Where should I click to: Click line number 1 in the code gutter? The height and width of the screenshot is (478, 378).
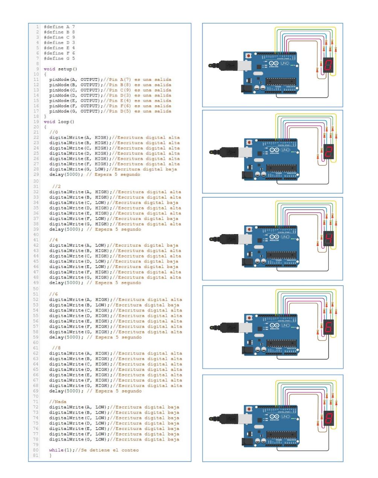tap(38, 27)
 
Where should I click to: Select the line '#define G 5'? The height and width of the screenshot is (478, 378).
tap(59, 59)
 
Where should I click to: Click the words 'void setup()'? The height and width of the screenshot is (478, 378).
tap(60, 69)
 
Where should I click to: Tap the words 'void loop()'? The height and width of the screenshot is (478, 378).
tap(59, 122)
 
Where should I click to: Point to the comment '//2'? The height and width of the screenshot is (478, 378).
tap(56, 186)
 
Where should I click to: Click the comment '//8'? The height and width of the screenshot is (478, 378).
tap(56, 348)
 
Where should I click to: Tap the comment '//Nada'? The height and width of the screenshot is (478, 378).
tap(58, 402)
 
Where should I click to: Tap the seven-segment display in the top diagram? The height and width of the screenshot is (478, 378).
tap(329, 66)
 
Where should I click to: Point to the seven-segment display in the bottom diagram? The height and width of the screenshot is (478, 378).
tap(329, 418)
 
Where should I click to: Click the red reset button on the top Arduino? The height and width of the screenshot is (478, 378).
tap(248, 55)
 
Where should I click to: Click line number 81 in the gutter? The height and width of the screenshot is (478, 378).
tap(36, 455)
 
